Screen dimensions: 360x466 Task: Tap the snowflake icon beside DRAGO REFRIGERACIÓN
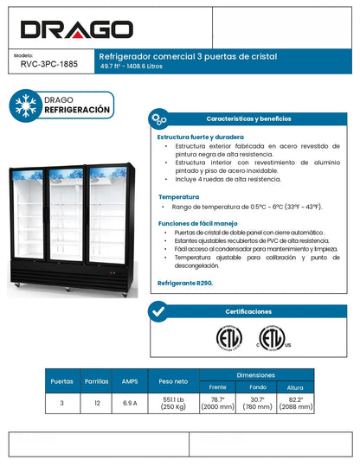point(26,105)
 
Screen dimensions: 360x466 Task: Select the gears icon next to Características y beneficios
point(158,118)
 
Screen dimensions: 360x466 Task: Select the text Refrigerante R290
point(185,282)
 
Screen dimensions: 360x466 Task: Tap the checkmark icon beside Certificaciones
point(158,311)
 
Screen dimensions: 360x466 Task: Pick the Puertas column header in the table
point(61,380)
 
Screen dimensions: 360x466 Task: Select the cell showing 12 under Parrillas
point(96,403)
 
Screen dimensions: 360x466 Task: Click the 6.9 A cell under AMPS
point(130,403)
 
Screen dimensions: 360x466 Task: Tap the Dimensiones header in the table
point(256,374)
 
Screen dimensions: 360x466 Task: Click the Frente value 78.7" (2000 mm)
point(218,403)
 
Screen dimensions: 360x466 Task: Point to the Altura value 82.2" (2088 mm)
point(295,403)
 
